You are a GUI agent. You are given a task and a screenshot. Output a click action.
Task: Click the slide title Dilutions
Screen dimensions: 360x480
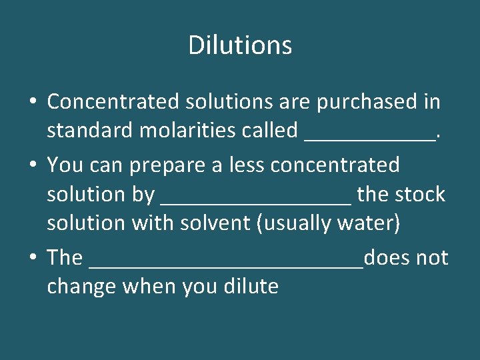tap(240, 45)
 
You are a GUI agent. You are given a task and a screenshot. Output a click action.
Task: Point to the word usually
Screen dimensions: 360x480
tap(294, 223)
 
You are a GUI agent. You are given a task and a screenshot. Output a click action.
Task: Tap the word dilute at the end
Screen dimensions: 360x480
tap(253, 286)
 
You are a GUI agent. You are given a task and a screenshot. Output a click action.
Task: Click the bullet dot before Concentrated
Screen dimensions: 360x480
tap(32, 102)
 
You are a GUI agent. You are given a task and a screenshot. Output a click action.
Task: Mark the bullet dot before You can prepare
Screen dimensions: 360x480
tap(32, 165)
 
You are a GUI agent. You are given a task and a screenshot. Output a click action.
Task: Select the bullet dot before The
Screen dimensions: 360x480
tap(32, 258)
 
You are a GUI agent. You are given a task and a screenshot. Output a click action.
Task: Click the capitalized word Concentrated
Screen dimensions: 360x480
tap(113, 101)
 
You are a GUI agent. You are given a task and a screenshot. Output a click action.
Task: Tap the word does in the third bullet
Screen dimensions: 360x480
tap(386, 257)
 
